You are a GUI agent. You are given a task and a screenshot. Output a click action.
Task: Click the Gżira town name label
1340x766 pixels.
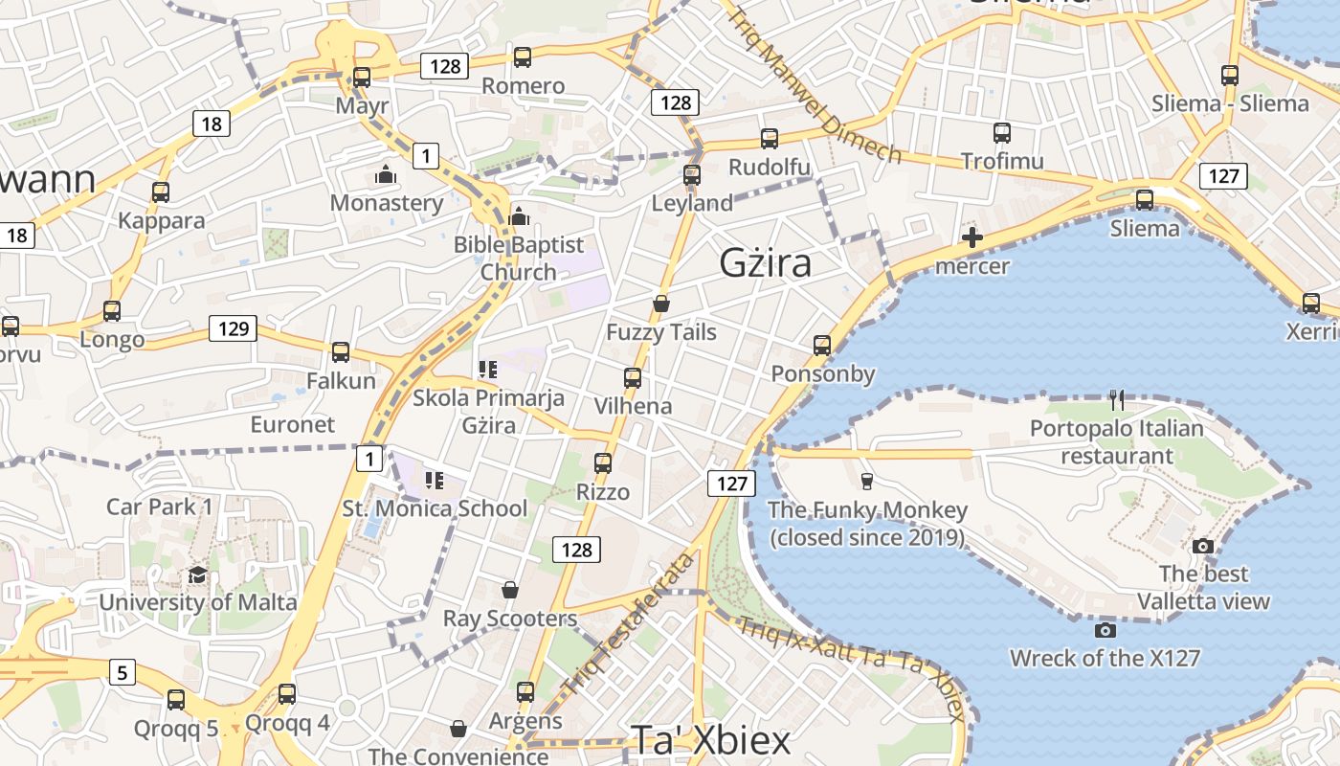coord(765,262)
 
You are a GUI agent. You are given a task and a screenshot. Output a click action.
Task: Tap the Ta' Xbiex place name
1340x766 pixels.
coord(710,740)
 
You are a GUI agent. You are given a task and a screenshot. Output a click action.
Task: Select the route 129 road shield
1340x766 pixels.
coord(234,329)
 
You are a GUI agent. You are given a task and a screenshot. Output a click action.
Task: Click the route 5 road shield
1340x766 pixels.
coord(122,672)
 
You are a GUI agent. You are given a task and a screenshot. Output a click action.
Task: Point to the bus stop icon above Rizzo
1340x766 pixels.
coord(603,463)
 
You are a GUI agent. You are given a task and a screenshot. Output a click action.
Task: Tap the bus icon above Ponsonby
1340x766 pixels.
coord(822,345)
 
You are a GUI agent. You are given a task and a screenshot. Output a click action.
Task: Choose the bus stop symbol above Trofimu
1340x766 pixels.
coord(1002,133)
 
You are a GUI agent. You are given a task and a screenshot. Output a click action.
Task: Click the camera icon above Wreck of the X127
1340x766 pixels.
coord(1105,630)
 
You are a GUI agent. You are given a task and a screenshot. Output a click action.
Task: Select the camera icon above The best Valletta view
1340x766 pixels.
coord(1203,546)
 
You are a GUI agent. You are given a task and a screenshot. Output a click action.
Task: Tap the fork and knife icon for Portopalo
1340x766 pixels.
coord(1116,399)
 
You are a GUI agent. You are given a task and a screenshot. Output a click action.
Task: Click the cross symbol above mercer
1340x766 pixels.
coord(972,237)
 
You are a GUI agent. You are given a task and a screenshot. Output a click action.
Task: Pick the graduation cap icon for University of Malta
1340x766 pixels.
coord(197,574)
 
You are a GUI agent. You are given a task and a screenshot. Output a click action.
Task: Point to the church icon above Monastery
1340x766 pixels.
coord(386,174)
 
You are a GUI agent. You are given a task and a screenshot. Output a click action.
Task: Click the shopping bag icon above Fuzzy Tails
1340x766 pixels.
coord(660,304)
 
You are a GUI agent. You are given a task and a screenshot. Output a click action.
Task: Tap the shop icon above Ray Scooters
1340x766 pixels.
coord(510,590)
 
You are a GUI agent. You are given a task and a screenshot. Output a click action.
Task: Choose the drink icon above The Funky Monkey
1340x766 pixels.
coord(867,481)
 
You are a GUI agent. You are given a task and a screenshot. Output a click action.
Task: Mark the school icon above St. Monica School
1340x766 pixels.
coord(435,480)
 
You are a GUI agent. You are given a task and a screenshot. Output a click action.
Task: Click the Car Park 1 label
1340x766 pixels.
coord(160,507)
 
